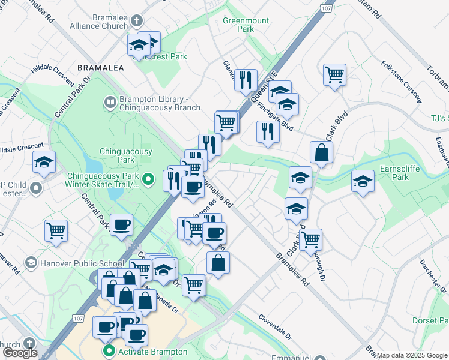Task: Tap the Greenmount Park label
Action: click(x=246, y=24)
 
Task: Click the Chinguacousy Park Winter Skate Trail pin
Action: click(x=151, y=179)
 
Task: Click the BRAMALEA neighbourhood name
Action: click(x=100, y=68)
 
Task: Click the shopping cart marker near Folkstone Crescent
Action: click(x=334, y=76)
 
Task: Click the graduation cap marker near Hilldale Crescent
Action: click(x=44, y=164)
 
